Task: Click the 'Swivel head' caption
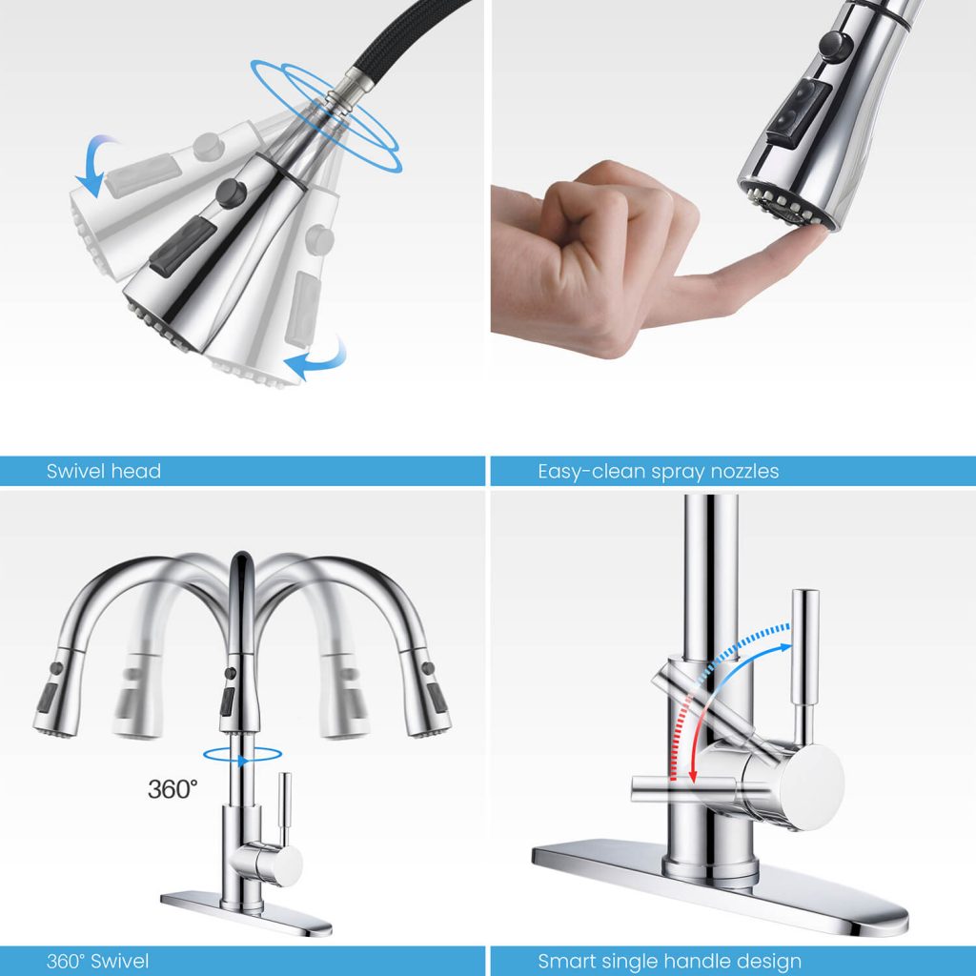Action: [103, 471]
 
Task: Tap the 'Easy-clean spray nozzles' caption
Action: [658, 471]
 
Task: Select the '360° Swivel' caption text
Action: [98, 961]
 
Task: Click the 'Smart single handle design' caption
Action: [669, 961]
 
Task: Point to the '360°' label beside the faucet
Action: [173, 788]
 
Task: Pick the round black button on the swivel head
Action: [229, 193]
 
